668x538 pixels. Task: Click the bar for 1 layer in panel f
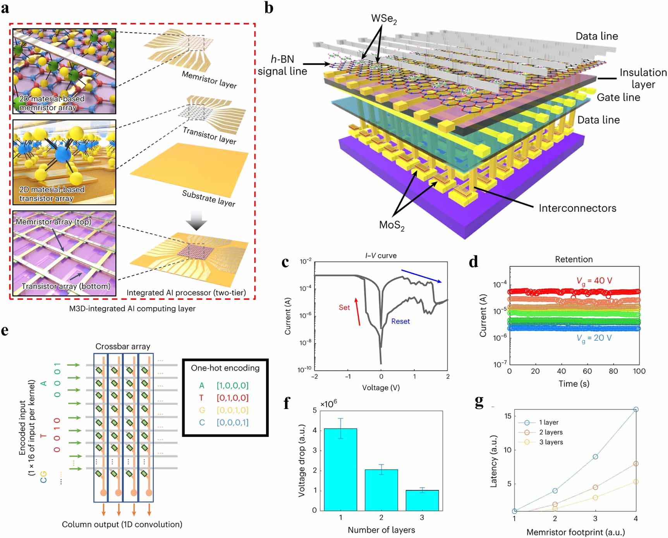pyautogui.click(x=340, y=469)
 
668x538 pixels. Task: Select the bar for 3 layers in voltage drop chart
pyautogui.click(x=422, y=500)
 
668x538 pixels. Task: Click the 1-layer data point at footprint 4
pyautogui.click(x=636, y=409)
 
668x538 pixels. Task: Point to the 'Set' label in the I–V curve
pyautogui.click(x=344, y=308)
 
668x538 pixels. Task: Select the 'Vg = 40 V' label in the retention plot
pyautogui.click(x=594, y=281)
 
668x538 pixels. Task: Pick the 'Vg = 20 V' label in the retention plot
pyautogui.click(x=594, y=338)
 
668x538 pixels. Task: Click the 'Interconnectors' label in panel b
pyautogui.click(x=577, y=208)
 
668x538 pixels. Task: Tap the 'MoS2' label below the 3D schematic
pyautogui.click(x=392, y=225)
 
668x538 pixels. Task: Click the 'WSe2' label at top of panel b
pyautogui.click(x=384, y=19)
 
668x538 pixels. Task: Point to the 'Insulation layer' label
pyautogui.click(x=643, y=79)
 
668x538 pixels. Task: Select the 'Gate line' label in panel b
pyautogui.click(x=618, y=98)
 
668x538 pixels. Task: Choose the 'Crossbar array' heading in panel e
pyautogui.click(x=123, y=347)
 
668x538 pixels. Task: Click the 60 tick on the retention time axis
pyautogui.click(x=587, y=371)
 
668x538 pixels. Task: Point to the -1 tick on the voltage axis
pyautogui.click(x=348, y=376)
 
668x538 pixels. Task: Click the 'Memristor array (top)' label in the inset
pyautogui.click(x=53, y=222)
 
